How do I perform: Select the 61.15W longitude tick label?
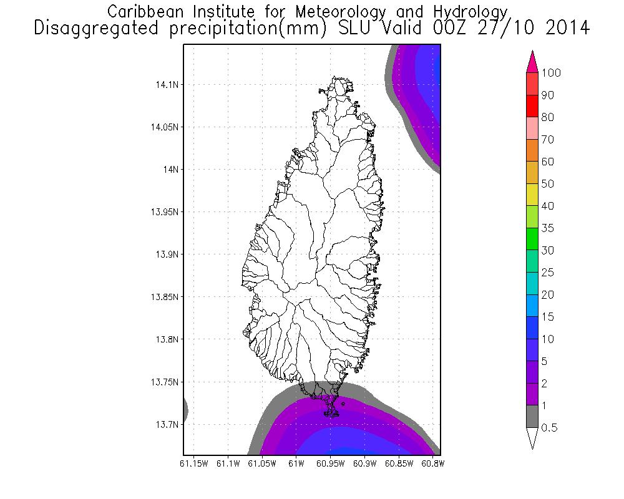pyautogui.click(x=193, y=464)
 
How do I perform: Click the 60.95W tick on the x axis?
pyautogui.click(x=331, y=464)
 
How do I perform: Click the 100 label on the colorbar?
pyautogui.click(x=551, y=74)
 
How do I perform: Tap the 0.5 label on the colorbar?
pyautogui.click(x=550, y=428)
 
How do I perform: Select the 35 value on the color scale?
pyautogui.click(x=547, y=228)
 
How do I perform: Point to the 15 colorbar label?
pyautogui.click(x=547, y=317)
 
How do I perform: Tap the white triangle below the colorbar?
pyautogui.click(x=532, y=438)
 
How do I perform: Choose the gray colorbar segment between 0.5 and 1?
pyautogui.click(x=532, y=417)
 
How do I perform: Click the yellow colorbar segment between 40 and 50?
pyautogui.click(x=532, y=195)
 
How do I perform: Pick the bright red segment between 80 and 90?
pyautogui.click(x=532, y=106)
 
